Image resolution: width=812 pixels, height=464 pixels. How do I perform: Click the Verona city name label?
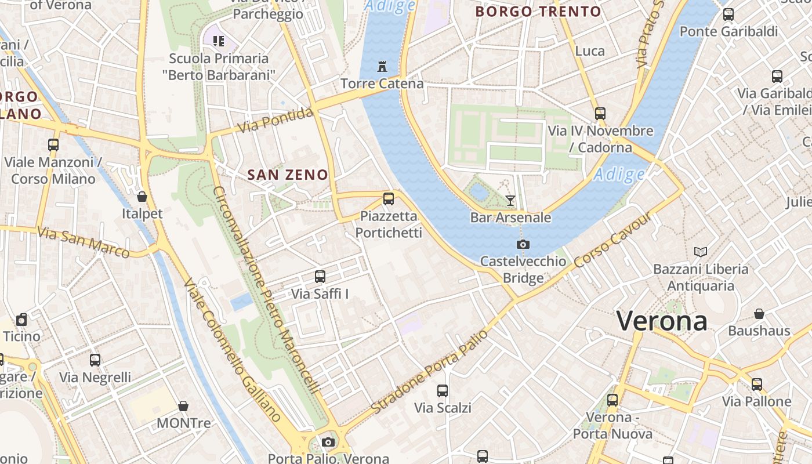click(662, 321)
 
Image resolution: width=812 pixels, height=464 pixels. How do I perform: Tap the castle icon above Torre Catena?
click(382, 67)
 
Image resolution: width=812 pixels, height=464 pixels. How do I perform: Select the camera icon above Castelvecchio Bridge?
click(523, 244)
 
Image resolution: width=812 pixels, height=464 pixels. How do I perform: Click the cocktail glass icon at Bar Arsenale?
click(510, 200)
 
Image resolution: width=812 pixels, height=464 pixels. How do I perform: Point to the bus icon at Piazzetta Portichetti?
click(389, 199)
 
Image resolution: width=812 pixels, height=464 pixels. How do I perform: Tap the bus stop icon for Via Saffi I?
click(320, 277)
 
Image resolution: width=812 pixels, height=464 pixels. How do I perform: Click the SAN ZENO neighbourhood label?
click(288, 175)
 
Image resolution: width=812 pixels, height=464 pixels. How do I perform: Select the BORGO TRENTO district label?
click(538, 12)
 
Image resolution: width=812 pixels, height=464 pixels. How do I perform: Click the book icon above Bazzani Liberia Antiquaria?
click(701, 252)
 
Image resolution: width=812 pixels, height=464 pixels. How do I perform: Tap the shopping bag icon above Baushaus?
click(759, 314)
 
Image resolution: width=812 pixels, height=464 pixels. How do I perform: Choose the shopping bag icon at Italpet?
click(142, 197)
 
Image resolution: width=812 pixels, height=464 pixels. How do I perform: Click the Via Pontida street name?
click(275, 121)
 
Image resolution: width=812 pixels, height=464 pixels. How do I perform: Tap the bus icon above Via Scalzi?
click(443, 390)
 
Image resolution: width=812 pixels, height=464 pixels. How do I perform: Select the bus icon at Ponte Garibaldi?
click(728, 14)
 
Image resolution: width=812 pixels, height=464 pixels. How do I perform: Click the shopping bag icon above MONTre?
click(183, 406)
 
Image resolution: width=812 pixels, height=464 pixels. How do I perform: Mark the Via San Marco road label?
click(83, 241)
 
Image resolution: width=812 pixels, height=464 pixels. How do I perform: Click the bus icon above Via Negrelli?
click(95, 360)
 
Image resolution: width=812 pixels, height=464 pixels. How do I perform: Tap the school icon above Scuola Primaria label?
click(219, 41)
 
